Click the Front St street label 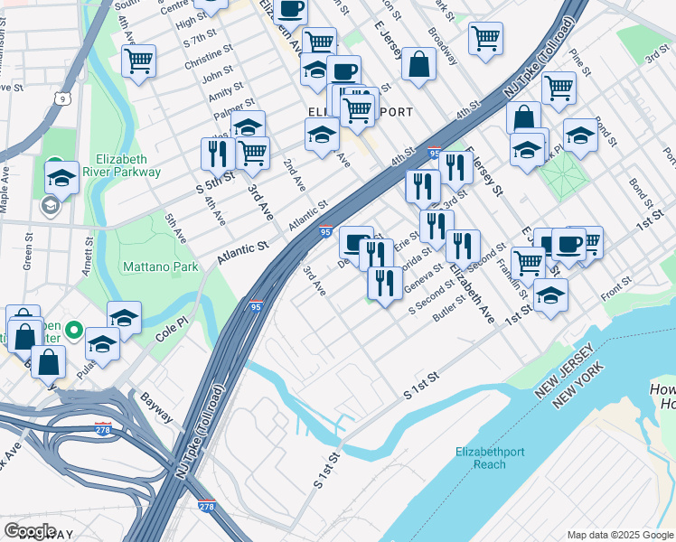click(x=615, y=292)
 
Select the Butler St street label click(x=448, y=309)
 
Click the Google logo click(x=30, y=531)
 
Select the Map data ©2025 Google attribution click(x=619, y=535)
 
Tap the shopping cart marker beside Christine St click(x=139, y=61)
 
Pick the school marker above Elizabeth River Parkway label click(x=61, y=175)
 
